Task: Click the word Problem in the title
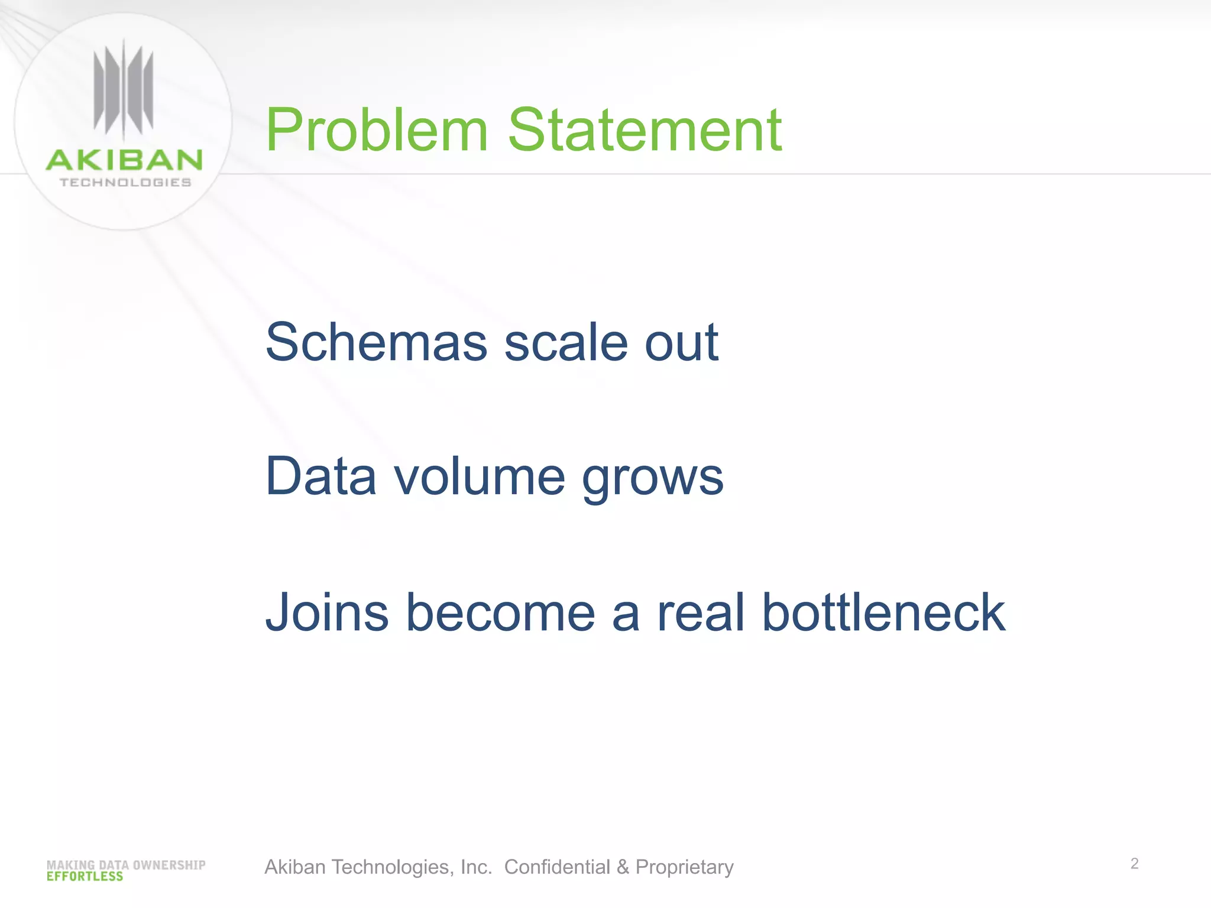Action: [377, 131]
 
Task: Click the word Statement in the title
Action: [645, 131]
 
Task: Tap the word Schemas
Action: [376, 343]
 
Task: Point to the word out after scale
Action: [681, 343]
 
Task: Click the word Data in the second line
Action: [321, 476]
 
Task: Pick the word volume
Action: [480, 476]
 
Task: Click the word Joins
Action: [327, 613]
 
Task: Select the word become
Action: [500, 613]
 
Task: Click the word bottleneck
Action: [883, 613]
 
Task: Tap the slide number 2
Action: [1134, 864]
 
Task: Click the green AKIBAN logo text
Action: [124, 160]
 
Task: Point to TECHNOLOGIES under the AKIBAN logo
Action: [125, 183]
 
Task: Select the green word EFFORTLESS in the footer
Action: [85, 877]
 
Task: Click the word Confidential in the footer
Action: [557, 867]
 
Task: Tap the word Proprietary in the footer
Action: [684, 867]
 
